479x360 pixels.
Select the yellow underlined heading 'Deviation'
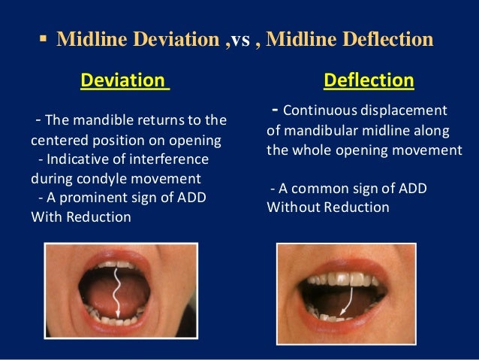125,80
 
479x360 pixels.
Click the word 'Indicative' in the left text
80,160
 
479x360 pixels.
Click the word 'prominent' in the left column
98,198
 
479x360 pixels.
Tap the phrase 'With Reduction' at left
81,217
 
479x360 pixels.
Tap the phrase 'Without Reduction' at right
327,207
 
